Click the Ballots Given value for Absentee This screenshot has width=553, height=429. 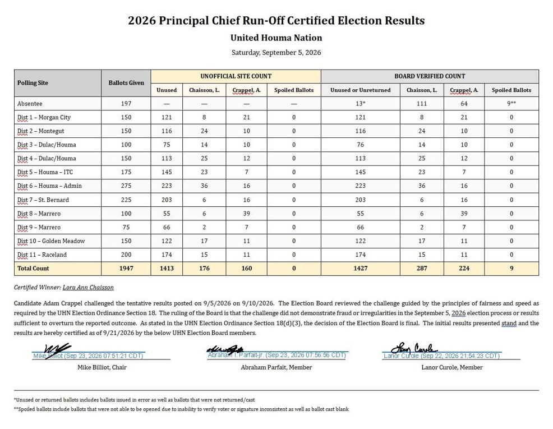point(126,104)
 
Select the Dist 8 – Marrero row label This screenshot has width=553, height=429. point(39,214)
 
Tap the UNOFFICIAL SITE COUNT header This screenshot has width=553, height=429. point(236,76)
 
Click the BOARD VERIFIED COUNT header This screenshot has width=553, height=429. point(430,76)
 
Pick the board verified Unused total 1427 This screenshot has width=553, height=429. point(361,268)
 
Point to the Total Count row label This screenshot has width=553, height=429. point(33,268)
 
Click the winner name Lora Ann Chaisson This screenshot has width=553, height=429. point(88,287)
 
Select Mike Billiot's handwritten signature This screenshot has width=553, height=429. point(57,351)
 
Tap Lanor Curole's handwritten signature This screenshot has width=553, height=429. point(414,349)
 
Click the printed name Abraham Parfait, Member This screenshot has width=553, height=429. point(276,367)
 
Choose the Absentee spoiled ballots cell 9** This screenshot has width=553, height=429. point(511,104)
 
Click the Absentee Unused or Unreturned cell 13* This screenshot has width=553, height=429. point(361,104)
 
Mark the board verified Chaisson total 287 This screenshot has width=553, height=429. point(422,268)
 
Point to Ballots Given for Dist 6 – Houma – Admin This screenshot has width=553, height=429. point(126,186)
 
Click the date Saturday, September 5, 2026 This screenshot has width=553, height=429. point(276,53)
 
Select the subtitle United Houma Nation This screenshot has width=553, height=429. point(276,38)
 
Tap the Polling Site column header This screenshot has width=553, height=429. point(33,83)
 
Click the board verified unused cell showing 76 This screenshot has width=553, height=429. point(361,145)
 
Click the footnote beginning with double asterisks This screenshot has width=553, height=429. point(181,409)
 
